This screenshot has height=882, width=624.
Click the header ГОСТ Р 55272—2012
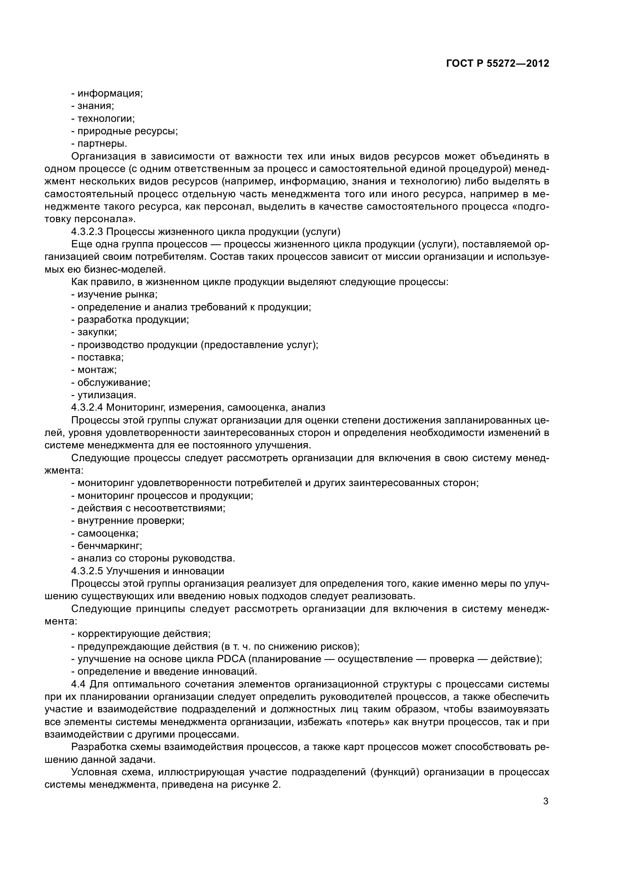(x=498, y=64)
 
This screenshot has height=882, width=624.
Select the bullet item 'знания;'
(x=95, y=106)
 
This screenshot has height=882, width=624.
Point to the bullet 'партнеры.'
(x=102, y=144)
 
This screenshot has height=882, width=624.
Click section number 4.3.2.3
(x=87, y=232)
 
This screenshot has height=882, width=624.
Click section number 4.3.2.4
(x=87, y=407)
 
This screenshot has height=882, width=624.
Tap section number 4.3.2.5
(x=87, y=571)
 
